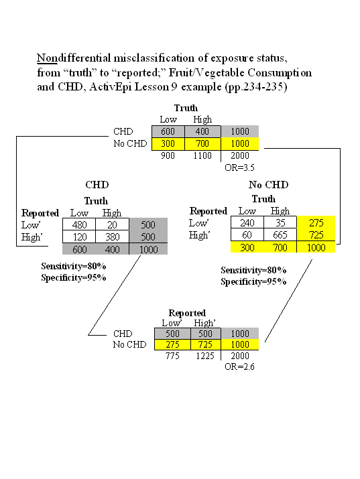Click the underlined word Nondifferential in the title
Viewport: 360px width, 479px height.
(x=74, y=58)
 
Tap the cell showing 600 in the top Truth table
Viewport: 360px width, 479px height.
(x=168, y=131)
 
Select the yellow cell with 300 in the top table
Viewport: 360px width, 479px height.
(x=168, y=143)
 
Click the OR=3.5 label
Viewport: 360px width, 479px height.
(x=239, y=167)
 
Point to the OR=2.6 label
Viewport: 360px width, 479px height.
(x=239, y=366)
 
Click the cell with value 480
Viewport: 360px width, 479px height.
(x=79, y=224)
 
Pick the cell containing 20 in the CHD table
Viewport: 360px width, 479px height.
(x=112, y=224)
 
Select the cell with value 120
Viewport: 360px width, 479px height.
(x=79, y=236)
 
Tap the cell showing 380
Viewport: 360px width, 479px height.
(x=112, y=236)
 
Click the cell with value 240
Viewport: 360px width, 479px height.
(x=247, y=222)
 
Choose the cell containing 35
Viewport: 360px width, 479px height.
(x=280, y=222)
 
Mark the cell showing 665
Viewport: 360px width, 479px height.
(x=280, y=235)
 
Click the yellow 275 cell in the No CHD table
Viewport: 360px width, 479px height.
(x=316, y=222)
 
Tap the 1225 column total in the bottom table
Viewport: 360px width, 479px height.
(x=205, y=356)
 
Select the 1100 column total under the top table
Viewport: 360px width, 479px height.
(x=202, y=155)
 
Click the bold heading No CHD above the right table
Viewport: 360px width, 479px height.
(x=269, y=185)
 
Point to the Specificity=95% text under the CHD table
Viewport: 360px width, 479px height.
(x=74, y=277)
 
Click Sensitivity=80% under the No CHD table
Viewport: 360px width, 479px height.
(x=253, y=270)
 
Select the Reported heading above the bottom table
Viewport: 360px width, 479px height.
(x=187, y=313)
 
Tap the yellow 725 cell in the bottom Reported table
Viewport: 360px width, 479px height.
(x=205, y=344)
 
